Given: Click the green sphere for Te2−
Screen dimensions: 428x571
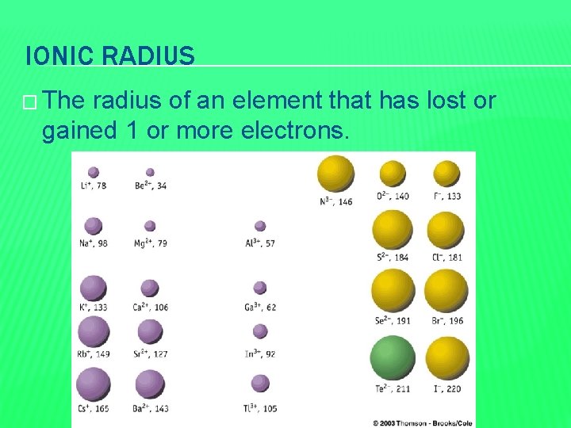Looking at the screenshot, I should pos(393,358).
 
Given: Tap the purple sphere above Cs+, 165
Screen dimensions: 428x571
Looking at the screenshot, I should pos(94,384).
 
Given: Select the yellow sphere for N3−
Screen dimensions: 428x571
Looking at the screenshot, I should pos(335,174).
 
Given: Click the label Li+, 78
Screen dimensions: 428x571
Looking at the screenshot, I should pos(94,185).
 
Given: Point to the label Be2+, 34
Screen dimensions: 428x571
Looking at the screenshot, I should pos(151,185).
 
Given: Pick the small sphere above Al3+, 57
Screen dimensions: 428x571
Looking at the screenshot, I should pos(260,226).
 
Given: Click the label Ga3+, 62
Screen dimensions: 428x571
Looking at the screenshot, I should pos(261,307).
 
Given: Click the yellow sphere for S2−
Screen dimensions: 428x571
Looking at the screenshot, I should pos(393,230).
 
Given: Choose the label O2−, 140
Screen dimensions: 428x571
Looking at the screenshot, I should pos(393,196).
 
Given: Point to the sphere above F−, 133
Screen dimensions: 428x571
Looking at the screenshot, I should pos(446,173).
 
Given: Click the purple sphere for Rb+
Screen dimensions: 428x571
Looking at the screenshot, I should pos(94,331).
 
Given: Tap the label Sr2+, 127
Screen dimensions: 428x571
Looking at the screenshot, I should pos(151,354).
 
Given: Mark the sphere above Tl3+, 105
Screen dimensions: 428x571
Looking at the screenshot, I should pos(260,383).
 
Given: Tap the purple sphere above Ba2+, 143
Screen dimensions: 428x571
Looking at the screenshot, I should pos(150,384).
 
